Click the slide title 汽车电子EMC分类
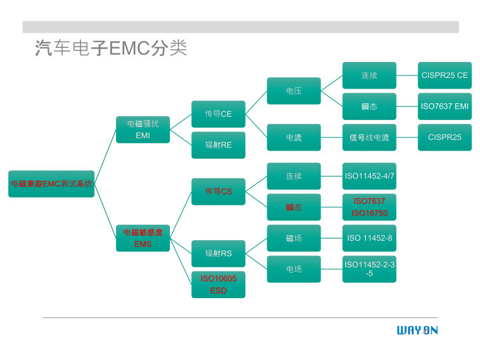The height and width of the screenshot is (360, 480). click(x=111, y=49)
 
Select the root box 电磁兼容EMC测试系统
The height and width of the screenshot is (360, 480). click(x=51, y=183)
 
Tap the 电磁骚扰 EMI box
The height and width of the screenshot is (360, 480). click(x=143, y=129)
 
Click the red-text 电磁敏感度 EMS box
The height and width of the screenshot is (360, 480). click(x=143, y=238)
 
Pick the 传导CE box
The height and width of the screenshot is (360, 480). click(x=218, y=114)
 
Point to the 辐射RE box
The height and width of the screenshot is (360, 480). click(x=218, y=145)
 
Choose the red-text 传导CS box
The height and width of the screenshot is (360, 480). click(x=218, y=191)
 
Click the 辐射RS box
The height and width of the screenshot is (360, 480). click(x=218, y=253)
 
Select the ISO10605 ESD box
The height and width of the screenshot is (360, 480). click(x=218, y=284)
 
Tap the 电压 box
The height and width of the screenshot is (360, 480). click(x=293, y=91)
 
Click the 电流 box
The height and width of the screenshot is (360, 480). click(x=293, y=137)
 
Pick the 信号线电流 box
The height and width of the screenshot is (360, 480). click(x=369, y=137)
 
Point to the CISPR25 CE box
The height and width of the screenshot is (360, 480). click(x=444, y=75)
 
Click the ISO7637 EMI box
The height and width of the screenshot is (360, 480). click(x=444, y=106)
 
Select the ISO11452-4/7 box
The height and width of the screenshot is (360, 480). click(x=369, y=176)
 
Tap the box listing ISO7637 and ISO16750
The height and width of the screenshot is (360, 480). click(x=369, y=207)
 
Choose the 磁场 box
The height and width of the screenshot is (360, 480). click(x=293, y=238)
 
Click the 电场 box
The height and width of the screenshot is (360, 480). click(x=293, y=269)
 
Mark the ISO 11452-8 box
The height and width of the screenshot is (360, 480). click(x=369, y=238)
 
